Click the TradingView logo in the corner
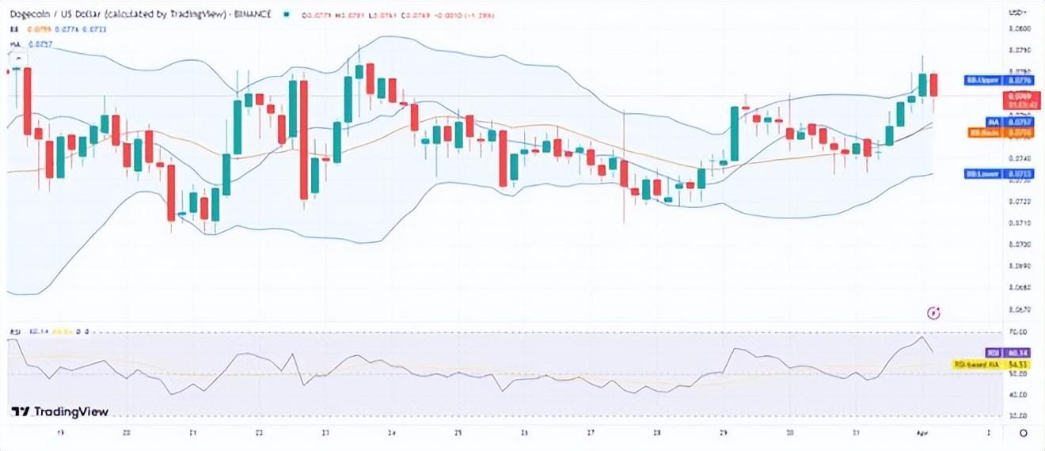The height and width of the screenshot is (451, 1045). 60,411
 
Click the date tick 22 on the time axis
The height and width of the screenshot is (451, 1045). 260,433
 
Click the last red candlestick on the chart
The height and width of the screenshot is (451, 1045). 934,85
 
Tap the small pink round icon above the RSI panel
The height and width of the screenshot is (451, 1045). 934,313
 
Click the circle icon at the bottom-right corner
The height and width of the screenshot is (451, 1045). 1024,433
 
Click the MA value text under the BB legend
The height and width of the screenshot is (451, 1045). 40,44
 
